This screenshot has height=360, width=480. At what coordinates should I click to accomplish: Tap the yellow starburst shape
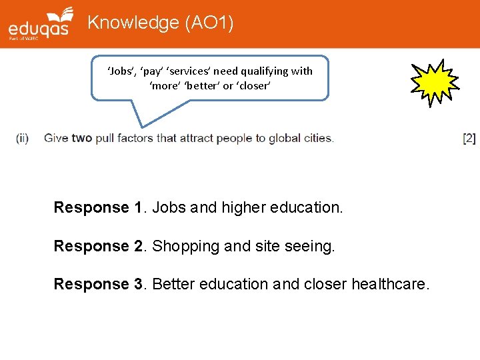[x=434, y=82]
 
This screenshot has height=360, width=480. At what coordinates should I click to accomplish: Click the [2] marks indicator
[x=469, y=139]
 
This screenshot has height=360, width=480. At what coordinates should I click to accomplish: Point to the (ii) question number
[x=22, y=139]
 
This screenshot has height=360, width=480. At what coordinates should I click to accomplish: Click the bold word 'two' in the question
[x=81, y=139]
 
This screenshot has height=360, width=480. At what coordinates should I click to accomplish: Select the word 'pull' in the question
[x=105, y=139]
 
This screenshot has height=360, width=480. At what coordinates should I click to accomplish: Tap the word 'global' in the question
[x=285, y=139]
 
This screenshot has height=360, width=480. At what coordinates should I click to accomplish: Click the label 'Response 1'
[x=97, y=207]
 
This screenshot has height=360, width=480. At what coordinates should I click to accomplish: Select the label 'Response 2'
[x=97, y=246]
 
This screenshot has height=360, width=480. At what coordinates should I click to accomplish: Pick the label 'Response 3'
[x=97, y=284]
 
